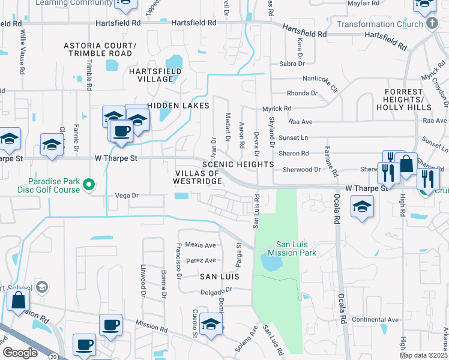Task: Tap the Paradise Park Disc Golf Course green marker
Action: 89,185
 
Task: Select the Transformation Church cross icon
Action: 431,24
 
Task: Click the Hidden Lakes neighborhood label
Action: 179,106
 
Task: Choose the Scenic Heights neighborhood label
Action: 238,164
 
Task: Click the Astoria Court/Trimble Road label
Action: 101,49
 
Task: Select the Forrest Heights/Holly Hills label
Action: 403,103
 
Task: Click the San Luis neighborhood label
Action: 220,277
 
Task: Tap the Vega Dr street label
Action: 127,196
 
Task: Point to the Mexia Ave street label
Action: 200,245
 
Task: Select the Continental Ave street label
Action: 376,320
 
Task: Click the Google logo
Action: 20,352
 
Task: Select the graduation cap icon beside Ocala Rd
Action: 363,208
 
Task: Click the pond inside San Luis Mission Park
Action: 271,262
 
